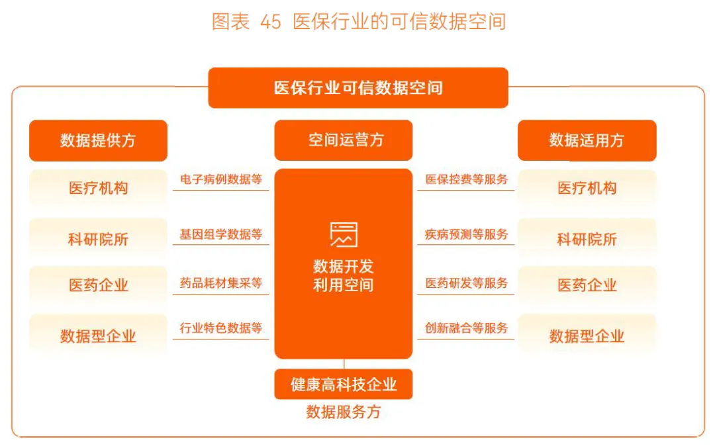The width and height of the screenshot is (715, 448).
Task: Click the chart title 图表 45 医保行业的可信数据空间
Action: coord(358,21)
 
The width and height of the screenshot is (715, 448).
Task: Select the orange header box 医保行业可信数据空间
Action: coord(358,87)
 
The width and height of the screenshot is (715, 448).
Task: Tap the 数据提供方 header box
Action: coord(98,140)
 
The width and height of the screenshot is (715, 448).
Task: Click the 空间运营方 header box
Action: coord(344,140)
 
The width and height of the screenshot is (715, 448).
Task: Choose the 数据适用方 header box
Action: coord(587,140)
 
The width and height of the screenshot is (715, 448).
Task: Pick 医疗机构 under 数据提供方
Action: coord(98,188)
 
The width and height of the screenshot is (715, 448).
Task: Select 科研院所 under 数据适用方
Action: coord(587,239)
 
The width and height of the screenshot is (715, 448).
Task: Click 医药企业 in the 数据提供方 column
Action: coord(98,285)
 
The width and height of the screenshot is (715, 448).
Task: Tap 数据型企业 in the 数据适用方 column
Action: coord(587,336)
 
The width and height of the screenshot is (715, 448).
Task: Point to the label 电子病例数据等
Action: coord(221,179)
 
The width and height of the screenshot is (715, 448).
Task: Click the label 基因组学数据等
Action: coord(221,234)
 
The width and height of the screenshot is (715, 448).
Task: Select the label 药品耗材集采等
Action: coord(221,283)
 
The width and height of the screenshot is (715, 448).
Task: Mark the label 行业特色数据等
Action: coord(221,328)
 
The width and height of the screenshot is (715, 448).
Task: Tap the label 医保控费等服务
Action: coord(466,179)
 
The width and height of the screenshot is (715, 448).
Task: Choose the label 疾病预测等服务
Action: coord(466,234)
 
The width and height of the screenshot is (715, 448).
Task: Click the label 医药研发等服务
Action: coord(466,283)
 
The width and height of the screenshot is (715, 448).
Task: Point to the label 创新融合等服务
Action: coord(466,328)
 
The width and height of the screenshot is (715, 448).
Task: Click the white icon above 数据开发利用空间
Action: coord(344,234)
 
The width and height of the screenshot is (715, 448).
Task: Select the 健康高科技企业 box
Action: coord(344,384)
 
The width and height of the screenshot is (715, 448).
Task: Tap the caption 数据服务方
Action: coord(344,412)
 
